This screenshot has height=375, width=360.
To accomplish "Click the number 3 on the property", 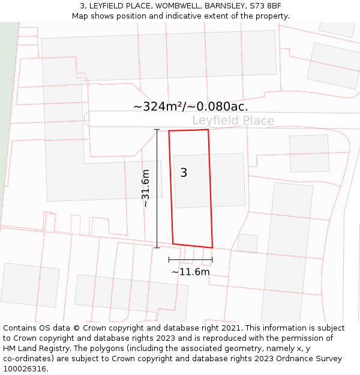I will [x=184, y=173].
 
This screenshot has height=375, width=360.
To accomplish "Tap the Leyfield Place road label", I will [x=233, y=121].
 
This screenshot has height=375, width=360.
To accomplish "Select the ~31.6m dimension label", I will [x=145, y=188].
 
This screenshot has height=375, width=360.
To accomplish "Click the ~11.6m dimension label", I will [x=191, y=272].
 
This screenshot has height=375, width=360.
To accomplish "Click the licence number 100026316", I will [x=25, y=368].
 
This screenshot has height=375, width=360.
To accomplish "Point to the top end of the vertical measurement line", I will [x=157, y=130].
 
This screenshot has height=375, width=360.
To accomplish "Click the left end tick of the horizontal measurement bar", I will [x=169, y=260].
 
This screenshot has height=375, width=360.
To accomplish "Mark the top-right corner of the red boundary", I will [x=208, y=130].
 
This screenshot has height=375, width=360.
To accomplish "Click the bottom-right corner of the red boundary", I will [x=212, y=247].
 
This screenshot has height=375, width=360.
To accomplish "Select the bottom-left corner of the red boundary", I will [x=173, y=244].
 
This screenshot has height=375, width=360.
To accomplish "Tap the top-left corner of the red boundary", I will [x=169, y=131].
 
